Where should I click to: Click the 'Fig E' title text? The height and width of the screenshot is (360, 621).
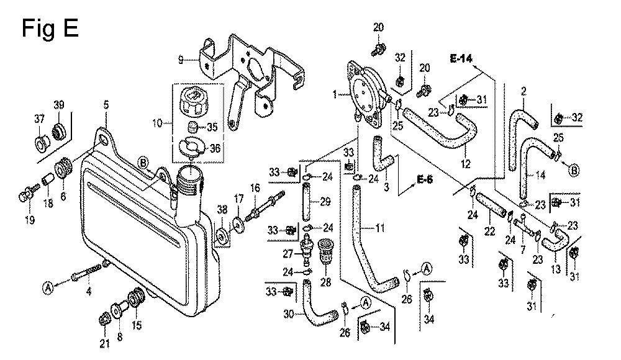click(50, 29)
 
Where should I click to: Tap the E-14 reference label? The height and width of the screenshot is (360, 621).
click(461, 58)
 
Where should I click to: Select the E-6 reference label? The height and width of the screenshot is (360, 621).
click(425, 179)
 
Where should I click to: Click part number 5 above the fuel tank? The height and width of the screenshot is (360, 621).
click(106, 106)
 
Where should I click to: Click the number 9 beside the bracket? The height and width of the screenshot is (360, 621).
click(181, 60)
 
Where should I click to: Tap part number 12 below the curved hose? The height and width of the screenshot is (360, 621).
click(466, 163)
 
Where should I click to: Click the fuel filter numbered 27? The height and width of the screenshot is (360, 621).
click(306, 250)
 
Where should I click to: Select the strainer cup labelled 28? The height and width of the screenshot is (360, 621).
click(325, 251)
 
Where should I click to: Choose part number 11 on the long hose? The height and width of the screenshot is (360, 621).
click(380, 228)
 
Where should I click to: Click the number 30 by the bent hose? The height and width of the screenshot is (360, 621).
click(289, 314)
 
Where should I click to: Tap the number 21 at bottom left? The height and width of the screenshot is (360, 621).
click(104, 344)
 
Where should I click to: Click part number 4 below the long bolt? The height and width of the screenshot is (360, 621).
click(89, 292)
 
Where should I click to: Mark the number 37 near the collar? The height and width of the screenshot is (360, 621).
click(39, 119)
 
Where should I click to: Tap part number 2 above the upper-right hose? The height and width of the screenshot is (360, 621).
click(524, 92)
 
